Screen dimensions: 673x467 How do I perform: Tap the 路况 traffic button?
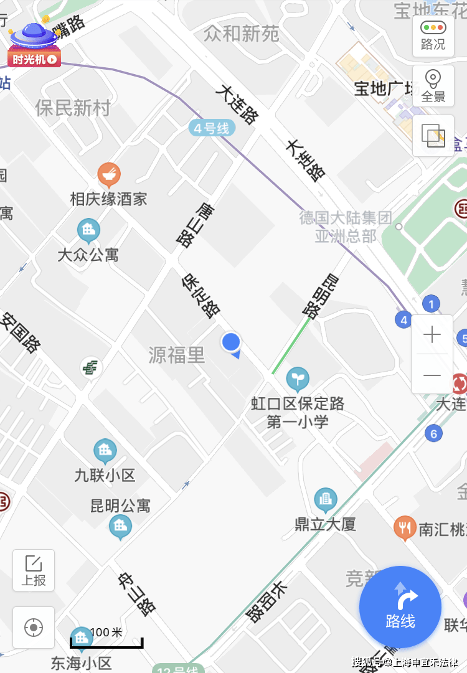pos(433,35)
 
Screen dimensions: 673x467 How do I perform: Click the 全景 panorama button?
pos(433,85)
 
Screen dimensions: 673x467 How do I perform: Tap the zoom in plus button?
pos(432,335)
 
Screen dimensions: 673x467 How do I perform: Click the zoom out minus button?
pos(432,375)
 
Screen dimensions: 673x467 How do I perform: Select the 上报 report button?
pos(34,570)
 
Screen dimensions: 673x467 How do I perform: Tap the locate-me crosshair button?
pos(34,628)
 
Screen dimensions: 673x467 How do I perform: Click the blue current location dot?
pos(231,342)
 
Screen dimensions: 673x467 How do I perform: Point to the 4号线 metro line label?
pos(212,129)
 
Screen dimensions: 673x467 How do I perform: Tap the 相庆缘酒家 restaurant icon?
pos(109,175)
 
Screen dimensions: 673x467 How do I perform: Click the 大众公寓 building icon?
pos(88,231)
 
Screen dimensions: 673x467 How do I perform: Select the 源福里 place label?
pos(177,355)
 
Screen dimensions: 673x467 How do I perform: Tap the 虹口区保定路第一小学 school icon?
pos(298,378)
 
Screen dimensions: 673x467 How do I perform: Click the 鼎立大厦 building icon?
pos(325,499)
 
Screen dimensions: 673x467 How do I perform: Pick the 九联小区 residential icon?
pos(105,451)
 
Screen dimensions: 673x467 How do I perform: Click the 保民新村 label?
pos(73,108)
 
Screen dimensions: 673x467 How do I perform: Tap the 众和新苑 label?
pos(242,34)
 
